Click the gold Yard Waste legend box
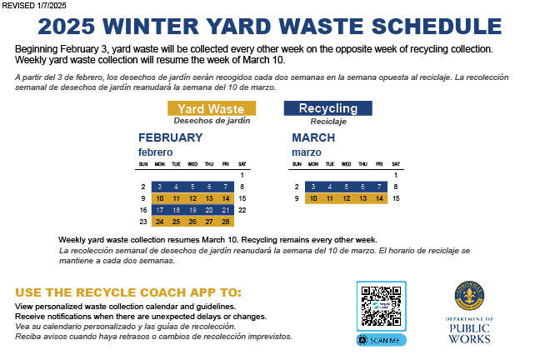[x=211, y=108]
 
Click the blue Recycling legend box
[x=327, y=108]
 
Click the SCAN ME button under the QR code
[x=382, y=340]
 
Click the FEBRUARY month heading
[x=170, y=137]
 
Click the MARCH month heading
[x=313, y=137]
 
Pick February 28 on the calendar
[x=226, y=222]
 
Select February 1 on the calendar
[x=242, y=175]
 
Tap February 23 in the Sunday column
[x=143, y=222]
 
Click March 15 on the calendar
[x=395, y=198]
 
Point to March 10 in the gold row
[x=313, y=198]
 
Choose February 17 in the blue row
[x=160, y=210]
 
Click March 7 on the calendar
[x=379, y=187]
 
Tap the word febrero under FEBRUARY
[x=155, y=152]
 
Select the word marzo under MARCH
[x=306, y=152]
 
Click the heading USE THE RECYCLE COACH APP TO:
[x=128, y=292]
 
